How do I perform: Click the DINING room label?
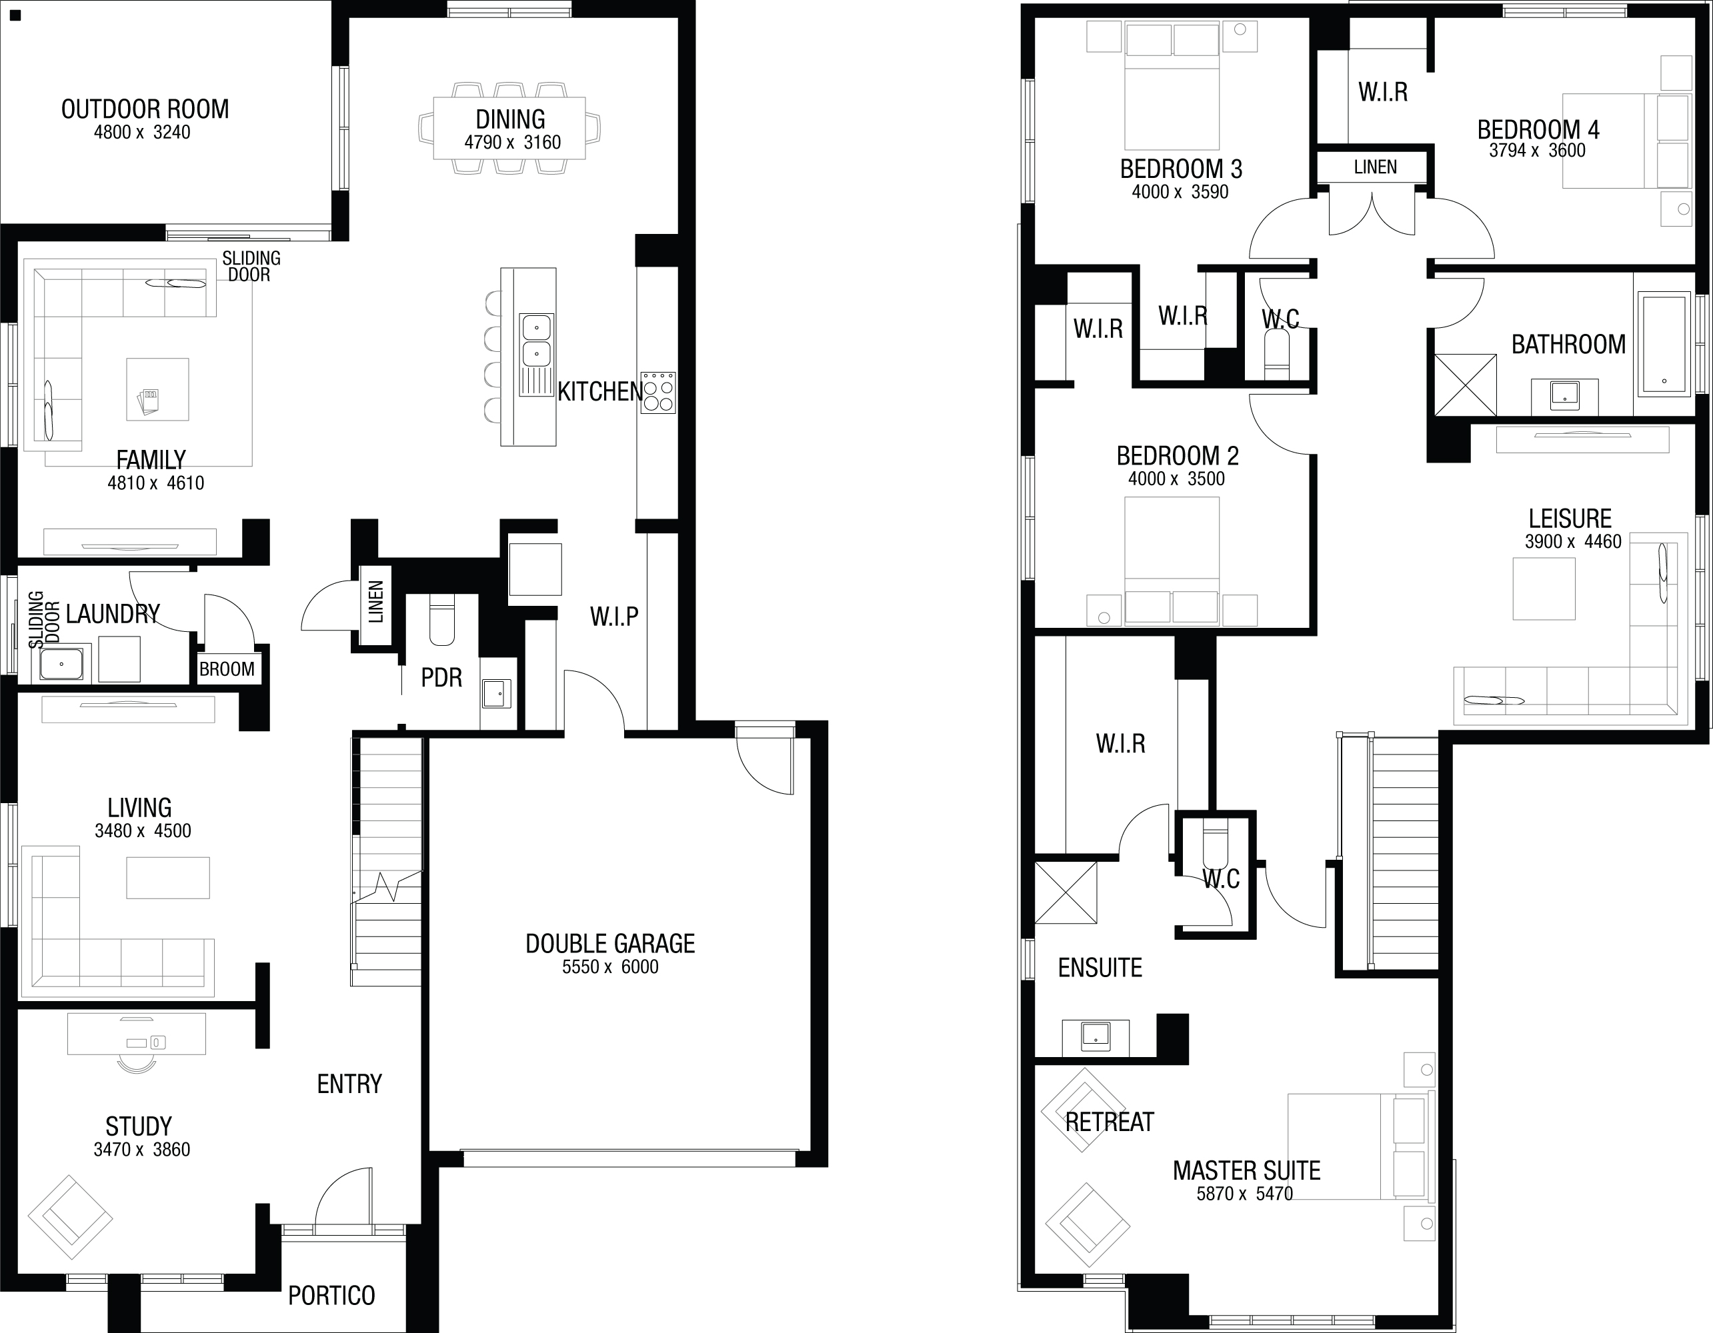pos(511,119)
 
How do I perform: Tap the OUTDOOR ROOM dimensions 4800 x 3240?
pos(142,133)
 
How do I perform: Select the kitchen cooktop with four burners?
pos(658,392)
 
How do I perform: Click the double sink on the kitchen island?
pos(537,341)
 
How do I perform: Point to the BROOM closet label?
pos(227,669)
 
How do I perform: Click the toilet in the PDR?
pos(442,619)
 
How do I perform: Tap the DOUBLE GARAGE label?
pos(610,943)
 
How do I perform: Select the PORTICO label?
pos(332,1296)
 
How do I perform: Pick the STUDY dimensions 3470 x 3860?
pos(142,1150)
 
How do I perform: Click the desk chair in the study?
pos(137,1063)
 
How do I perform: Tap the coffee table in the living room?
pos(168,877)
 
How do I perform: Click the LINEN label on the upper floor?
pos(1375,167)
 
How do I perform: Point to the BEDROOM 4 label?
pos(1538,129)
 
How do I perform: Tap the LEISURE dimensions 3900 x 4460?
pos(1572,541)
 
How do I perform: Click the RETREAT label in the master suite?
pos(1109,1122)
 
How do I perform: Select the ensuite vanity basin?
pos(1096,1036)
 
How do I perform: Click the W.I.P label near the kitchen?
pos(614,617)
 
